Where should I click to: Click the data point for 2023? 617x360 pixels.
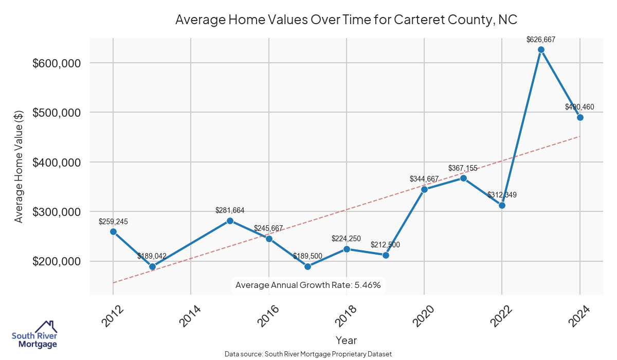pyautogui.click(x=541, y=50)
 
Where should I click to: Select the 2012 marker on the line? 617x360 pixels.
pyautogui.click(x=113, y=231)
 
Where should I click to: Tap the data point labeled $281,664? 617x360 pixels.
pyautogui.click(x=230, y=221)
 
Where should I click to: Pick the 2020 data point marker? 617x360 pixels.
pyautogui.click(x=424, y=189)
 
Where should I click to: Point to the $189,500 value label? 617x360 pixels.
pyautogui.click(x=307, y=256)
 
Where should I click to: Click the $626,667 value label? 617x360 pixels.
pyautogui.click(x=541, y=39)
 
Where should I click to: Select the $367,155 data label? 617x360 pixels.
pyautogui.click(x=463, y=168)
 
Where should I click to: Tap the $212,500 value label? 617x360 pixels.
pyautogui.click(x=385, y=245)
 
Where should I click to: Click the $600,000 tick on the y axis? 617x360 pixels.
pyautogui.click(x=57, y=63)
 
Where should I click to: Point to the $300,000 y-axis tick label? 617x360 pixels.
pyautogui.click(x=57, y=212)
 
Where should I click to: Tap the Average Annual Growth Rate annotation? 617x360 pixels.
pyautogui.click(x=308, y=285)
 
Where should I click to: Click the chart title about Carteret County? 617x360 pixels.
pyautogui.click(x=346, y=20)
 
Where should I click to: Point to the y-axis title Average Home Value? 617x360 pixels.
pyautogui.click(x=19, y=166)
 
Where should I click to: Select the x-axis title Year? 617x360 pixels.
pyautogui.click(x=346, y=340)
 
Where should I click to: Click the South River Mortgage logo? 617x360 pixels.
pyautogui.click(x=34, y=335)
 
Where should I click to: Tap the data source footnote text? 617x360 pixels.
pyautogui.click(x=308, y=354)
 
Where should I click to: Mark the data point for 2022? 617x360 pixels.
pyautogui.click(x=502, y=205)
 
